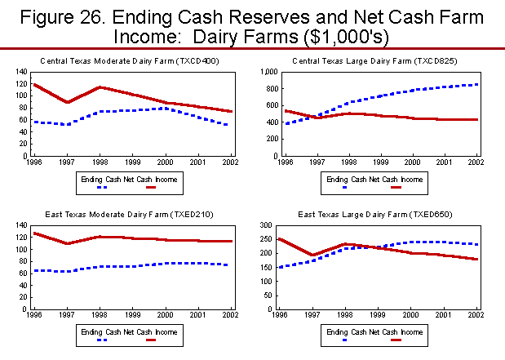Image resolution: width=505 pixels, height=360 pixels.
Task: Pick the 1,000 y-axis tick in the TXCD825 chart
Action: [268, 72]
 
